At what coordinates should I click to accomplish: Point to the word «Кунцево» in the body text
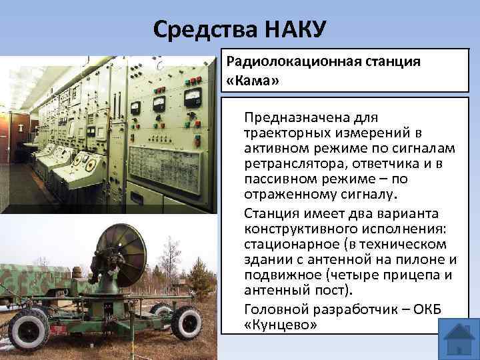coord(281,325)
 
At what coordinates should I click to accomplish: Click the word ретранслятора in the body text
coord(291,163)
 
